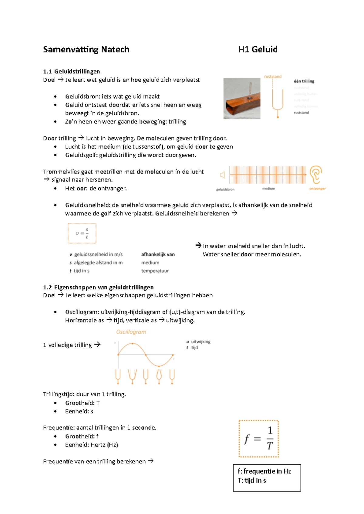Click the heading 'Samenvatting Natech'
86,49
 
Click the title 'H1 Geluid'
258,49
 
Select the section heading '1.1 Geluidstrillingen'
72,71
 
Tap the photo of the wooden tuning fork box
242,98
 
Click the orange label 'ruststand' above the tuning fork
273,77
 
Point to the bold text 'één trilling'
304,81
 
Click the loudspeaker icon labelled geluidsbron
223,175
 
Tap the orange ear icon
316,174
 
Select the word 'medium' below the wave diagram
268,189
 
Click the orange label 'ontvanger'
317,189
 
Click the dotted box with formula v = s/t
82,233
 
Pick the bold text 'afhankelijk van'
158,254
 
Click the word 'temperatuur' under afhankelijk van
155,271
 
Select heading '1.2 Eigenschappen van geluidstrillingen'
98,287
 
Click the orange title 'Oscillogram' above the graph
131,332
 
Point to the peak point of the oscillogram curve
133,344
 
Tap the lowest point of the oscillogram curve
159,366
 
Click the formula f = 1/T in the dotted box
258,439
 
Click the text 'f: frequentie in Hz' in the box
264,471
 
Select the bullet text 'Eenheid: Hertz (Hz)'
91,445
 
